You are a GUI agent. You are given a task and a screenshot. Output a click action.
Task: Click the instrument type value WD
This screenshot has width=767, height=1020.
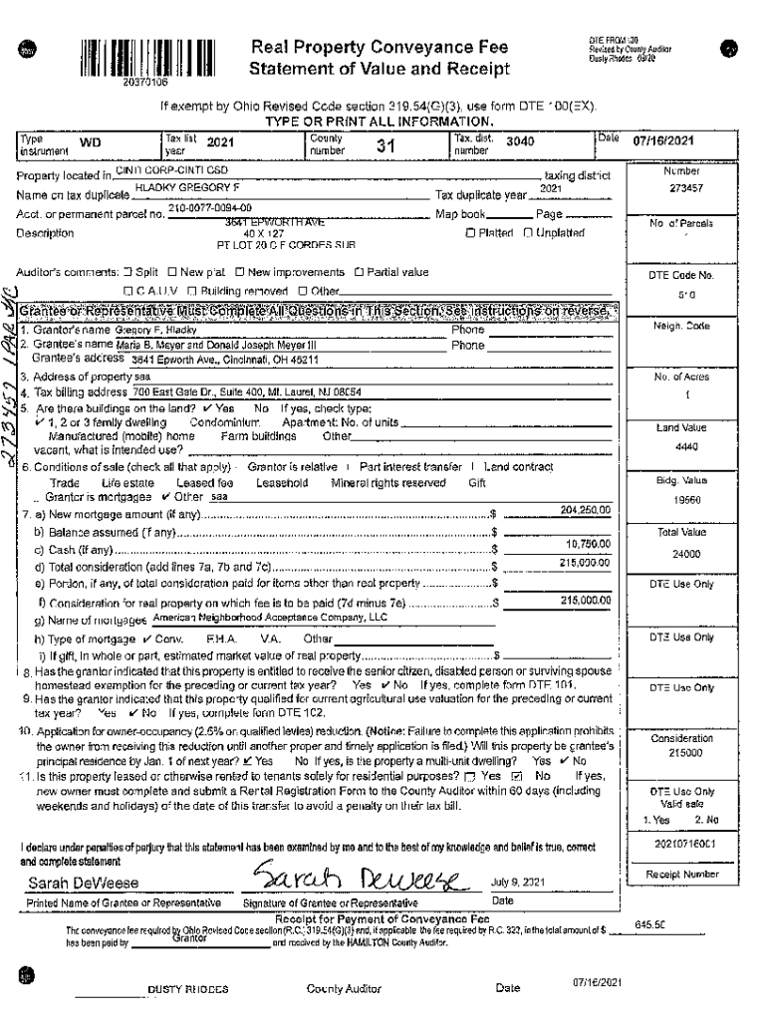point(88,142)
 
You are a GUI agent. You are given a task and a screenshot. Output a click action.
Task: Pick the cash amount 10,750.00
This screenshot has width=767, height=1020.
point(588,545)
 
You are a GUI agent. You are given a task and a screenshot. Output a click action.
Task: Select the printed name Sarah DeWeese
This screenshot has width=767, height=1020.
point(84,883)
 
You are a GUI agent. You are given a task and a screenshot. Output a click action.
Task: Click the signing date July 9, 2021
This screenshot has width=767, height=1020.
point(518,882)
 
